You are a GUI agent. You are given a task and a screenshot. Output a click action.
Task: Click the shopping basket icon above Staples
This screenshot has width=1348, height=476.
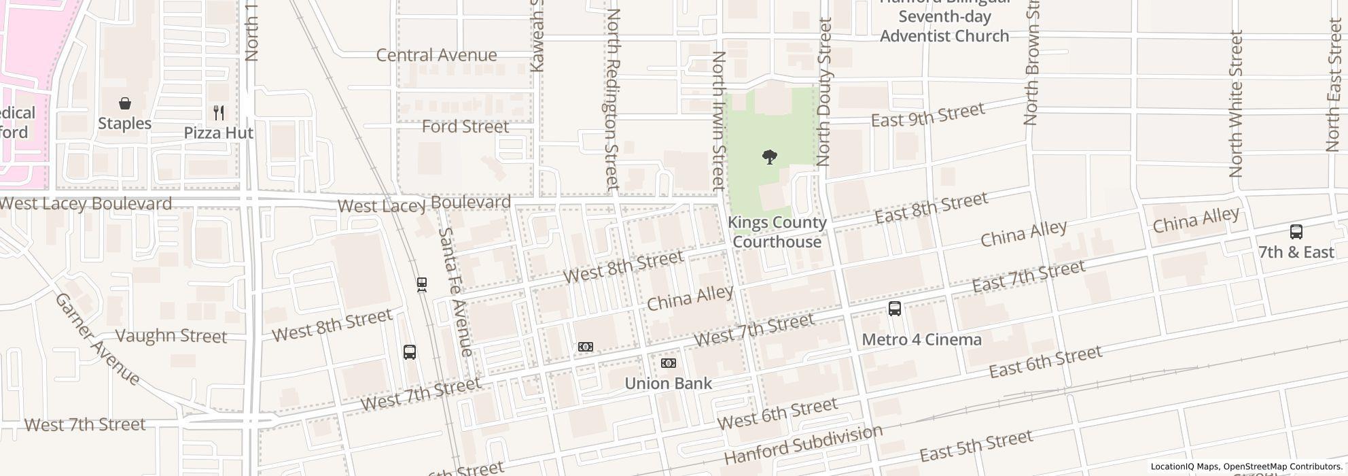(124, 104)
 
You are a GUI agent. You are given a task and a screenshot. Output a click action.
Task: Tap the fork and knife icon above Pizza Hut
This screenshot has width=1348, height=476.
(218, 112)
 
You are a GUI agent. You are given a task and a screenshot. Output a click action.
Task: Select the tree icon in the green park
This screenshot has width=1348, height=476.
(769, 158)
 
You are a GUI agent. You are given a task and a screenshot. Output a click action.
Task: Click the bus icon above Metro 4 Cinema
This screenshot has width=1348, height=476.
(894, 309)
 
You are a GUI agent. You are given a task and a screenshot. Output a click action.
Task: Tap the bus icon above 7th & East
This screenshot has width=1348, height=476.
(1296, 232)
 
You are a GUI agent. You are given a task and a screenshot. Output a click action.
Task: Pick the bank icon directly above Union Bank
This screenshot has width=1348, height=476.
(669, 363)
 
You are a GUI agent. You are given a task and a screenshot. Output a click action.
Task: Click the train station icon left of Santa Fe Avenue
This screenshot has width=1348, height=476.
(422, 284)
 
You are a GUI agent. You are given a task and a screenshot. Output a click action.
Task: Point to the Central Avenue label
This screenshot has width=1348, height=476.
(436, 55)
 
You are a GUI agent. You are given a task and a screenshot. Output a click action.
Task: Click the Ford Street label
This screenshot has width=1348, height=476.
(465, 126)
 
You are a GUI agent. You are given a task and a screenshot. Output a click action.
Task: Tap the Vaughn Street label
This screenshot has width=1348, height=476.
(171, 336)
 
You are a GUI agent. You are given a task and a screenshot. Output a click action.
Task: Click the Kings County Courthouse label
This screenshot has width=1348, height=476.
(777, 232)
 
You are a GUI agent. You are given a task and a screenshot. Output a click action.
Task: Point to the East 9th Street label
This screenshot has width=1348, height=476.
(927, 116)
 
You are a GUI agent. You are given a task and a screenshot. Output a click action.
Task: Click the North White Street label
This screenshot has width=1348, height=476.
(1236, 103)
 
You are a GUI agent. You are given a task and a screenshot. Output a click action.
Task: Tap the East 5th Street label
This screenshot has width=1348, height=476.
(976, 446)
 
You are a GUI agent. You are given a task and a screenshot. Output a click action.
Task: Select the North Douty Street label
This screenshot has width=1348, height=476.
(823, 92)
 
